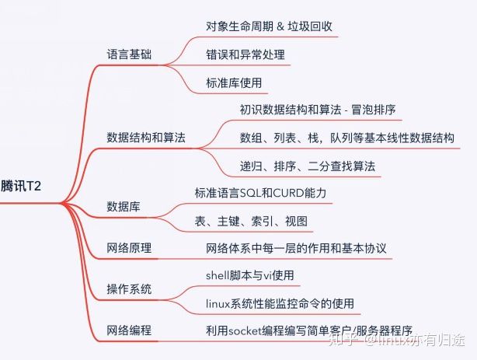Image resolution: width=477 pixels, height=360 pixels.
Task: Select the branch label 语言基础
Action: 129,55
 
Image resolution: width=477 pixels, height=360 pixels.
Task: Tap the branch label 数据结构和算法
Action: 146,138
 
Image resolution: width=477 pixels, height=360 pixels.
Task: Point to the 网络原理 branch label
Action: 129,249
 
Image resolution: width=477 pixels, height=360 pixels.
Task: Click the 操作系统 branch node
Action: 129,289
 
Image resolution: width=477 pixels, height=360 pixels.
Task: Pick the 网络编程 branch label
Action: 129,330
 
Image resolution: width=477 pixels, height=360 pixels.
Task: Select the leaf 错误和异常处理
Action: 245,55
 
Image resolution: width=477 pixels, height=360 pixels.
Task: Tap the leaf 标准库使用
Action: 234,82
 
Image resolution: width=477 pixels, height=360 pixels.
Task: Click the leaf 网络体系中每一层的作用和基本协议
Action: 296,249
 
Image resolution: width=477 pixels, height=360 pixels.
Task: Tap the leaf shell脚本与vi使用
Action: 250,275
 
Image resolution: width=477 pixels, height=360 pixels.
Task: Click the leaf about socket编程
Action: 308,330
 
